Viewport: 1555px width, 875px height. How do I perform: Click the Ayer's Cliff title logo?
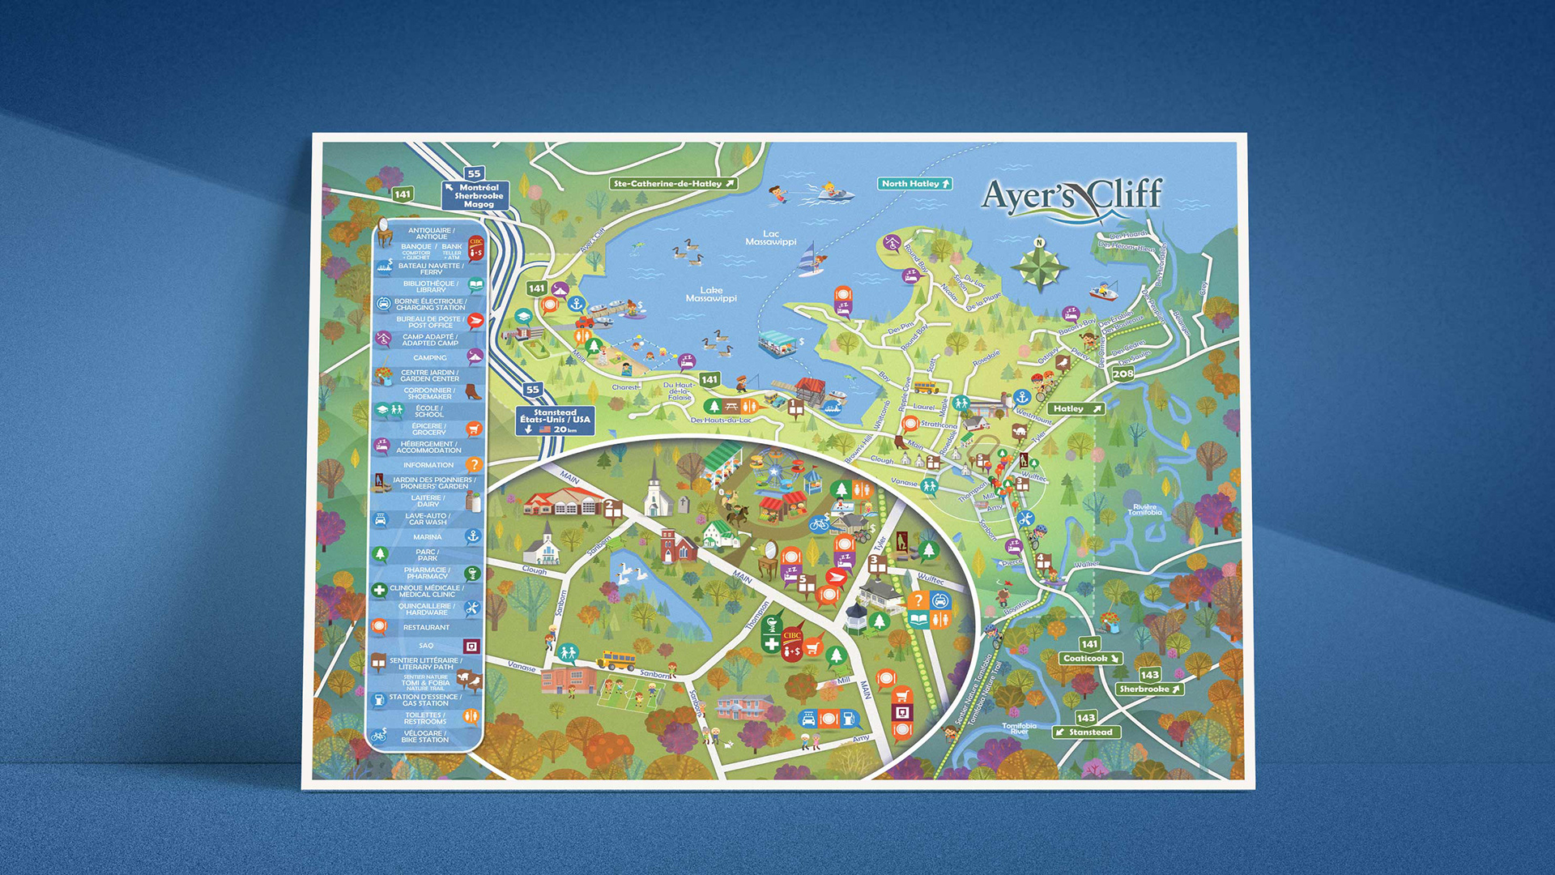pyautogui.click(x=1072, y=198)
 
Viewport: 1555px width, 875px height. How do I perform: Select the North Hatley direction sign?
pyautogui.click(x=915, y=184)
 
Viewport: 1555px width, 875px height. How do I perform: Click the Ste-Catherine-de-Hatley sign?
pyautogui.click(x=673, y=184)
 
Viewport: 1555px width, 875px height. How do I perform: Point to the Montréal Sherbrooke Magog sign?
pyautogui.click(x=477, y=196)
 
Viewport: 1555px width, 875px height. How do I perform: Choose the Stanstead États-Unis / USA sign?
pyautogui.click(x=555, y=420)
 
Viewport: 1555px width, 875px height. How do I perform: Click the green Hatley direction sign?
pyautogui.click(x=1076, y=409)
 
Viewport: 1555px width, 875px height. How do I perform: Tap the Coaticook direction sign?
pyautogui.click(x=1090, y=659)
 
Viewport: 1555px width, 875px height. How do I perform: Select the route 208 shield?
pyautogui.click(x=1123, y=373)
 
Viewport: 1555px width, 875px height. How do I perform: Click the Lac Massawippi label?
pyautogui.click(x=770, y=238)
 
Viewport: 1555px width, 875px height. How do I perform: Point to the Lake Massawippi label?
pyautogui.click(x=711, y=294)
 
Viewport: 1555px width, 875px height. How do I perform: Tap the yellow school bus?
pyautogui.click(x=617, y=661)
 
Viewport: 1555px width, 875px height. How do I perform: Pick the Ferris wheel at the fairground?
pyautogui.click(x=774, y=473)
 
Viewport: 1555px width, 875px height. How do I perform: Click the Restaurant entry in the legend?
pyautogui.click(x=426, y=628)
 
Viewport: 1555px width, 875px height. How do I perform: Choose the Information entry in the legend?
pyautogui.click(x=429, y=465)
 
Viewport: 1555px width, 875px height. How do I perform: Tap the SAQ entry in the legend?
pyautogui.click(x=427, y=646)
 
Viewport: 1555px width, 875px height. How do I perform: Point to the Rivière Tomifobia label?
pyautogui.click(x=1144, y=510)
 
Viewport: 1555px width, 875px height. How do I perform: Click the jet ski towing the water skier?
pyautogui.click(x=834, y=193)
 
